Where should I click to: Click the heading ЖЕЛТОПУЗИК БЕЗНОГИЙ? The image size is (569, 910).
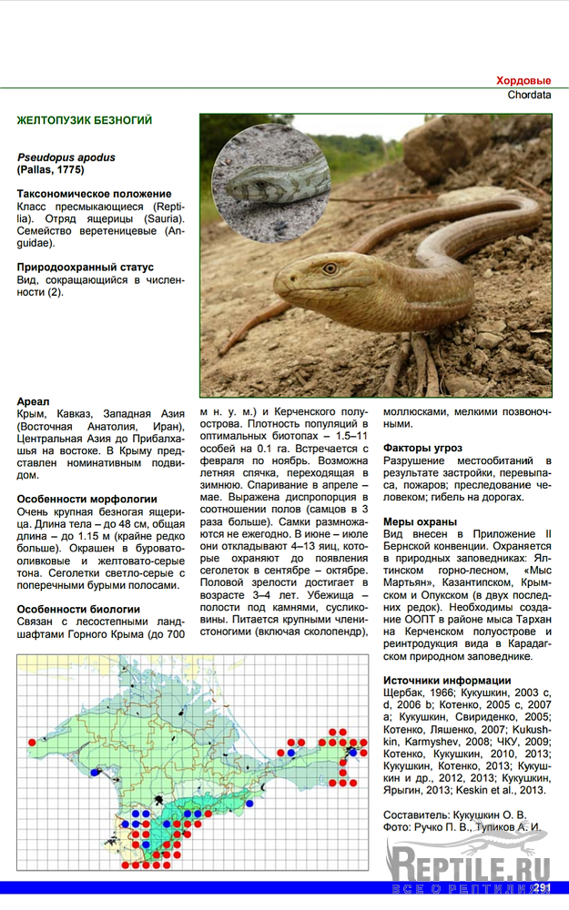click(x=85, y=120)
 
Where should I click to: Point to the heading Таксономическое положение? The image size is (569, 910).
click(x=94, y=194)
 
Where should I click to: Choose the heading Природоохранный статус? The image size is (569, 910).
click(x=86, y=268)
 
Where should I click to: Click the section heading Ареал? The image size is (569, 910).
click(x=33, y=401)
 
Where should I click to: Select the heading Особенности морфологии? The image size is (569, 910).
click(x=86, y=500)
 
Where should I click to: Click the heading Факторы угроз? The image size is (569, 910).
click(x=422, y=449)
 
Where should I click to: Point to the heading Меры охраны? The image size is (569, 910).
click(x=420, y=522)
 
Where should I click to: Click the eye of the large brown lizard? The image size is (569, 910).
click(x=330, y=268)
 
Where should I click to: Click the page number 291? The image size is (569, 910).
click(x=542, y=887)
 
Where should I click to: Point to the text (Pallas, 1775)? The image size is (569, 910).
click(x=51, y=170)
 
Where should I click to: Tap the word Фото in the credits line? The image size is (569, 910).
click(x=398, y=827)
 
